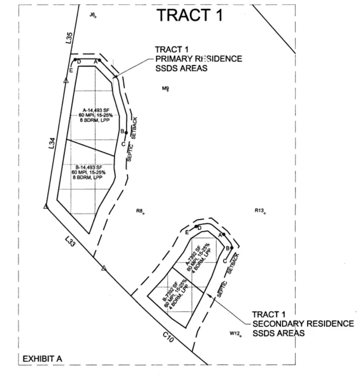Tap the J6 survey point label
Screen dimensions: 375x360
click(x=92, y=15)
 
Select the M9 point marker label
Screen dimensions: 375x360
click(x=165, y=88)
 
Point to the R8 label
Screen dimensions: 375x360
click(x=139, y=211)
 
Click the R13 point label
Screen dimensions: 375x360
click(x=259, y=210)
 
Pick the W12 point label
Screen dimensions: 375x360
click(x=234, y=333)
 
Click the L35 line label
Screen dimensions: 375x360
click(x=69, y=38)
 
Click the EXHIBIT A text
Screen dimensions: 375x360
click(x=43, y=359)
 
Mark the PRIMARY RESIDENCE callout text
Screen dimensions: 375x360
click(x=198, y=59)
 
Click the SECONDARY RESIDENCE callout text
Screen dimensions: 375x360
click(x=303, y=324)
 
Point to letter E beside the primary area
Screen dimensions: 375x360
click(x=71, y=70)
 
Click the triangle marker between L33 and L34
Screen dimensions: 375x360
click(x=46, y=206)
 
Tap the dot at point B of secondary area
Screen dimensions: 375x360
click(x=232, y=248)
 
